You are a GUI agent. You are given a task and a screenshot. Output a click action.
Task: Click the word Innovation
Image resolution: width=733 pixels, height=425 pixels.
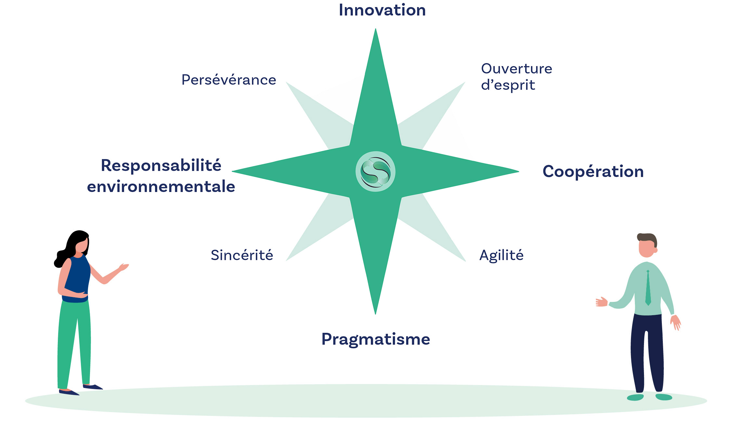click(382, 10)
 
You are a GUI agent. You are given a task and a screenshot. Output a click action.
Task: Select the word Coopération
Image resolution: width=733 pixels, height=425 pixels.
click(593, 172)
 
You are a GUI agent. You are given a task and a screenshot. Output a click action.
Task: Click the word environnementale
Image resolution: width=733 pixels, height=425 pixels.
click(161, 187)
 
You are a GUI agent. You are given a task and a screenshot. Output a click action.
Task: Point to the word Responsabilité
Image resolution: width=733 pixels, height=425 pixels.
click(161, 165)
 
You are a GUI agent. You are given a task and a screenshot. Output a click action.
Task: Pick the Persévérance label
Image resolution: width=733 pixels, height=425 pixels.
click(229, 80)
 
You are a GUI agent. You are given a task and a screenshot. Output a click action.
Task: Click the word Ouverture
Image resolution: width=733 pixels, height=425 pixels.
click(517, 69)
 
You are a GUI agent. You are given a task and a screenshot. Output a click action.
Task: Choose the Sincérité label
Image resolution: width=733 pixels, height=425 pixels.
click(242, 255)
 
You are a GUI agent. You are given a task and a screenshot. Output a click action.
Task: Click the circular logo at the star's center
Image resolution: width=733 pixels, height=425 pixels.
click(375, 172)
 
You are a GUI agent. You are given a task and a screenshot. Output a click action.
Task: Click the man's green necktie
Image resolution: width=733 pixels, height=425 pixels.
click(648, 288)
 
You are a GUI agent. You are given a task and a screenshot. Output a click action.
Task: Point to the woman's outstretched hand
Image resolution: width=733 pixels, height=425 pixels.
click(123, 267)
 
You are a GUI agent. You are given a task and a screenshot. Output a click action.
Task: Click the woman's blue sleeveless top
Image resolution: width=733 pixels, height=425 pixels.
click(77, 279)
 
